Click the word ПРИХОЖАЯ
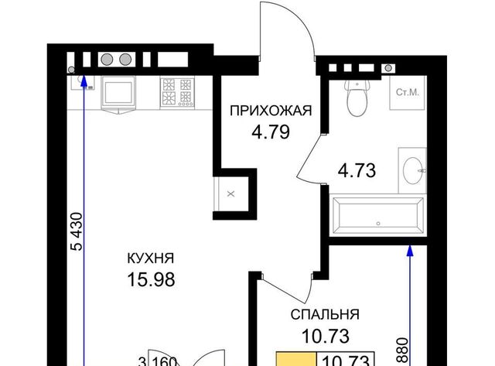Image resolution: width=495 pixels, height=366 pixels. (271, 111)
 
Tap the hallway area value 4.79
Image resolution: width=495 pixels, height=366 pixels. (271, 132)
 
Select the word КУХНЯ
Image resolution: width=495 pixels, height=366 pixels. (151, 258)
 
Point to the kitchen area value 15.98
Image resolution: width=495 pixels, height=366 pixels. (151, 280)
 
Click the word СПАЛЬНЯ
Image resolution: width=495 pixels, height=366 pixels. (325, 314)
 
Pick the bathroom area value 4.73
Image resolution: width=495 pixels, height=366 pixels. (357, 171)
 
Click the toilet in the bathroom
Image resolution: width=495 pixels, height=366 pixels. (357, 97)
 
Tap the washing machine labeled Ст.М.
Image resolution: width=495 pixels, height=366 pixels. (408, 93)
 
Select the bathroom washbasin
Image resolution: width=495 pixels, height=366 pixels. (413, 170)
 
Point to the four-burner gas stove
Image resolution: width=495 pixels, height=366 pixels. (177, 92)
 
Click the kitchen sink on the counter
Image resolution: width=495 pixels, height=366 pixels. (118, 93)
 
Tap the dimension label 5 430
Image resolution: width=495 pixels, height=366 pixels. (77, 232)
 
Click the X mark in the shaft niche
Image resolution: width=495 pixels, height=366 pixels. (231, 194)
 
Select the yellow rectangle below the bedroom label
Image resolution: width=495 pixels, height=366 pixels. (296, 359)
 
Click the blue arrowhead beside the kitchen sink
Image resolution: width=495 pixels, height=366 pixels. (84, 80)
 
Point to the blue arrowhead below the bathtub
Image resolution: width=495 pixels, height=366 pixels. (410, 251)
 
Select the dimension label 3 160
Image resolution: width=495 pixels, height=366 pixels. (158, 361)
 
